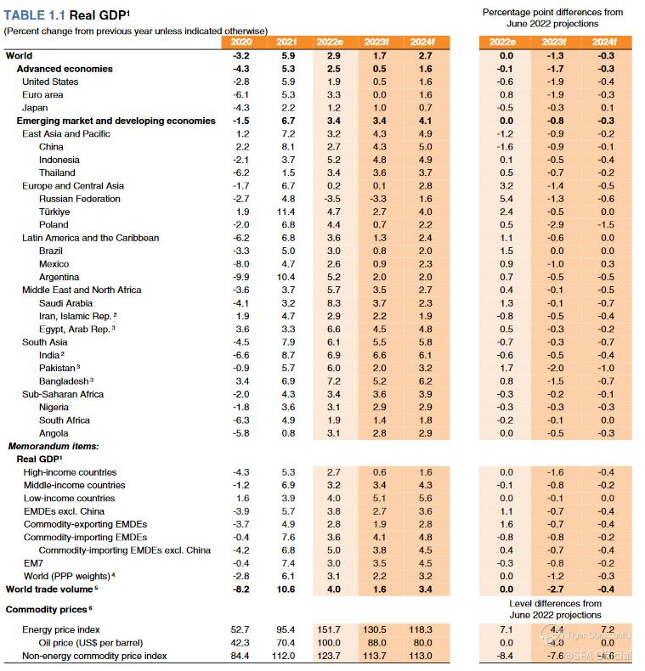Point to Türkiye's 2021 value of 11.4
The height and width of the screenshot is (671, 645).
pos(287,211)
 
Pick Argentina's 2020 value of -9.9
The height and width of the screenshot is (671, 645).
pos(241,277)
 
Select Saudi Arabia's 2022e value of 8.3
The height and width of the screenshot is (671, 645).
pos(333,303)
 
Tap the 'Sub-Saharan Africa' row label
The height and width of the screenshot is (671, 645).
pos(63,394)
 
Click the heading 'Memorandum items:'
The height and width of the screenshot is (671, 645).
pos(53,446)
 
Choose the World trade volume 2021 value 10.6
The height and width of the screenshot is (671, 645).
pos(287,589)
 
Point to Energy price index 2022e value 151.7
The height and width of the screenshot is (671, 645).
pos(331,629)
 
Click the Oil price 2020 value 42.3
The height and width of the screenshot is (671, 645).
pos(241,642)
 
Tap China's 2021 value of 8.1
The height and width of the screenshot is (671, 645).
pos(288,147)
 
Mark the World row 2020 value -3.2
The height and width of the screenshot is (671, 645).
pos(241,55)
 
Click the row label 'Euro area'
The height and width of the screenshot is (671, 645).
pos(42,94)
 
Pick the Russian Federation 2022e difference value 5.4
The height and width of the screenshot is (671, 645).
pos(506,199)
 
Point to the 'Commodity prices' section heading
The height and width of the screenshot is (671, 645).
pos(48,610)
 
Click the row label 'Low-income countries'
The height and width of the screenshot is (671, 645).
pos(69,498)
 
